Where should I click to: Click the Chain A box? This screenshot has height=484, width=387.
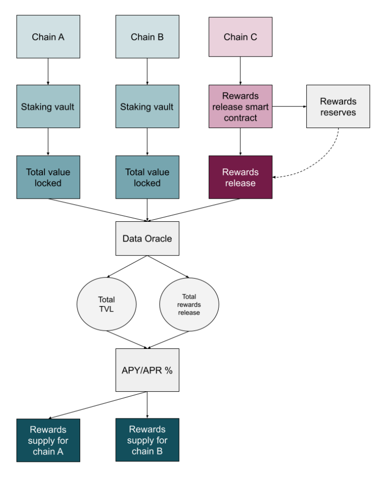[x=48, y=37]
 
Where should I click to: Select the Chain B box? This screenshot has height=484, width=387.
[x=147, y=37]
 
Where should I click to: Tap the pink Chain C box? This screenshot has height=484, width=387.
[x=240, y=37]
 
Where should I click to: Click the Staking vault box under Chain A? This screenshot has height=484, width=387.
[x=48, y=106]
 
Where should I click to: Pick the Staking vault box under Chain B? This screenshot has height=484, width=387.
[x=147, y=106]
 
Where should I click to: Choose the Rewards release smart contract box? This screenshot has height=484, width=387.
[x=240, y=106]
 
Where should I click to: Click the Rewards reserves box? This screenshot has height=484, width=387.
[x=338, y=106]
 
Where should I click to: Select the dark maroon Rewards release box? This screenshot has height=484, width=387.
[x=240, y=177]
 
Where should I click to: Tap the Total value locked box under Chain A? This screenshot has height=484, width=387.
[x=48, y=177]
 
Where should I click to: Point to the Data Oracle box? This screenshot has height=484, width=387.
[x=147, y=238]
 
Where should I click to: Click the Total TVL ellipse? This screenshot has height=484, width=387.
[x=106, y=304]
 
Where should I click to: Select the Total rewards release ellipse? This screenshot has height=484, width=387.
[x=189, y=305]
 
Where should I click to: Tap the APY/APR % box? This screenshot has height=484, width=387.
[x=147, y=370]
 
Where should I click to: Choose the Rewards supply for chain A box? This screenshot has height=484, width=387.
[x=48, y=440]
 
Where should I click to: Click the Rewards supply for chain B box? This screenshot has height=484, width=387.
[x=147, y=440]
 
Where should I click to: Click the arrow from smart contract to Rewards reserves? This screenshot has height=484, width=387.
[x=289, y=106]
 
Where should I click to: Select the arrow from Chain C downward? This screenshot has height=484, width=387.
[x=240, y=71]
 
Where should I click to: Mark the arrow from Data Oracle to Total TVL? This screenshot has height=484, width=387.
[x=127, y=267]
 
